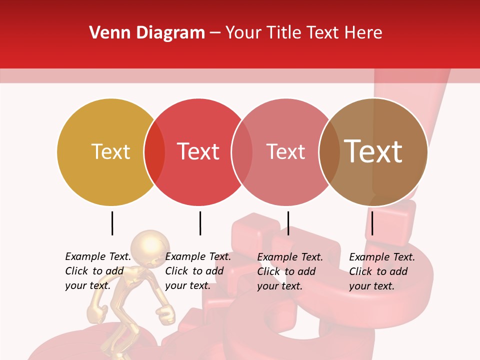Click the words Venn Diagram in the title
click(147, 33)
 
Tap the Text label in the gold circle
click(110, 151)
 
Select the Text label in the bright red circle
click(198, 151)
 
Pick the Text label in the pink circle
click(285, 151)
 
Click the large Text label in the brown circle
click(373, 151)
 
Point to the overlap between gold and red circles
click(154, 152)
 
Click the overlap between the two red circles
click(242, 152)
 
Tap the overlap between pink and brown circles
click(329, 152)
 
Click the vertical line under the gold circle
click(112, 223)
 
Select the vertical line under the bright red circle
click(200, 223)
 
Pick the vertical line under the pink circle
click(288, 223)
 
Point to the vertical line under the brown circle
click(372, 223)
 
